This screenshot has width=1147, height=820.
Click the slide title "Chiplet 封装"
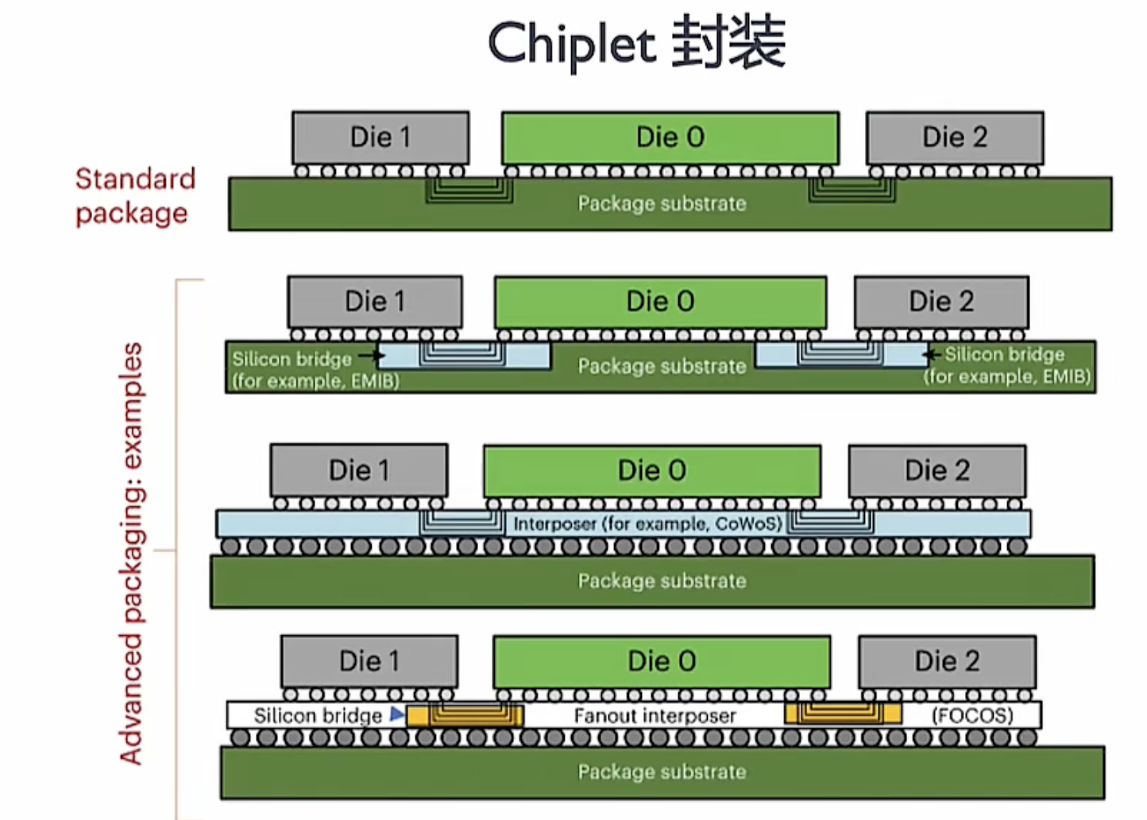[x=636, y=43]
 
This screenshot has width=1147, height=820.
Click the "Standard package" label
[x=135, y=196]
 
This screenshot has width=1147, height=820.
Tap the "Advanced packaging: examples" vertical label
[x=132, y=553]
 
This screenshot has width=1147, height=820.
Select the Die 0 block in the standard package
[x=670, y=137]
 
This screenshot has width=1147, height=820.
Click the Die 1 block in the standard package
[x=380, y=137]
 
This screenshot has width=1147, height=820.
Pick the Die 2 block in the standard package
[x=955, y=137]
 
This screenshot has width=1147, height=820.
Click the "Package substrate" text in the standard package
[x=662, y=204]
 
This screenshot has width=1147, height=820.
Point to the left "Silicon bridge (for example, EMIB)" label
[x=315, y=369]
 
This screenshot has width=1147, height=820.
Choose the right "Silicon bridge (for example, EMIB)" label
[x=1006, y=366]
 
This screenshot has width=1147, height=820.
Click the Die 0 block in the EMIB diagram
[x=660, y=302]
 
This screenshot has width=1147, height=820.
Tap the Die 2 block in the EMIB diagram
[x=941, y=302]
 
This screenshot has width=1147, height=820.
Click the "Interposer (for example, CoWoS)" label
[x=647, y=524]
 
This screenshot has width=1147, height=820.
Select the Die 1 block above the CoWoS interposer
[x=359, y=470]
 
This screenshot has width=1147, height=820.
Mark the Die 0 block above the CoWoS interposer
[x=651, y=470]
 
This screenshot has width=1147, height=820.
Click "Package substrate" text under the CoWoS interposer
[x=662, y=582]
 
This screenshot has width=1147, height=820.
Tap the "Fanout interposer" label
[x=655, y=716]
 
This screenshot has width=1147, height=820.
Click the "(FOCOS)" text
[x=972, y=716]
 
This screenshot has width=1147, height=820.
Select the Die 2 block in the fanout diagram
[x=947, y=661]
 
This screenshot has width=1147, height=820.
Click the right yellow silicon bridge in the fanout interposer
[x=843, y=713]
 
